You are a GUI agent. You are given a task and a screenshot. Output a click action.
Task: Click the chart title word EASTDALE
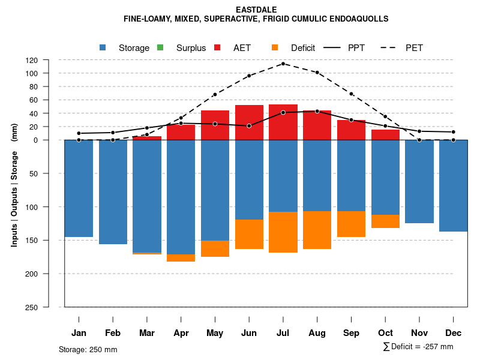pyautogui.click(x=256, y=10)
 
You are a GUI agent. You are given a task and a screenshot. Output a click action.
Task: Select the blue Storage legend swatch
pyautogui.click(x=103, y=47)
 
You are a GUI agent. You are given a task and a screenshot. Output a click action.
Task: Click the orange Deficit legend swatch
pyautogui.click(x=275, y=47)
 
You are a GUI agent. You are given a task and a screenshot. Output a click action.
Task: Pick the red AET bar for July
pyautogui.click(x=283, y=122)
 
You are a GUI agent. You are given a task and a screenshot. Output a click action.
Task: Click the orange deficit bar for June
pyautogui.click(x=249, y=234)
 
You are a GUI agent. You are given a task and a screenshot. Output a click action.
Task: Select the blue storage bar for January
pyautogui.click(x=79, y=188)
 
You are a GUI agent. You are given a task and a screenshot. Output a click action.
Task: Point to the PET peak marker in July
pyautogui.click(x=283, y=64)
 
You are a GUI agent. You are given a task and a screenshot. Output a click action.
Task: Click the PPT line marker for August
pyautogui.click(x=317, y=111)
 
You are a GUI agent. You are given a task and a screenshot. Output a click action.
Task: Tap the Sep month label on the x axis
pyautogui.click(x=352, y=333)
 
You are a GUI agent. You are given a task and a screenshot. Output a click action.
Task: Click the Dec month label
pyautogui.click(x=454, y=333)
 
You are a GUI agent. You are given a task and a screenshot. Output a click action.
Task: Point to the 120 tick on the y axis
pyautogui.click(x=49, y=61)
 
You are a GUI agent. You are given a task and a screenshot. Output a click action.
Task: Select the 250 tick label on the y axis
pyautogui.click(x=49, y=307)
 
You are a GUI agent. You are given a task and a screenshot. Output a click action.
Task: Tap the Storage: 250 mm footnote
pyautogui.click(x=88, y=349)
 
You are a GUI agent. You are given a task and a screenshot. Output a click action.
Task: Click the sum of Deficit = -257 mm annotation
pyautogui.click(x=418, y=347)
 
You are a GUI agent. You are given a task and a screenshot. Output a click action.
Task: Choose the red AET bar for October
pyautogui.click(x=385, y=135)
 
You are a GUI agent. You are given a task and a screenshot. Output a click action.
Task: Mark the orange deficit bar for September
pyautogui.click(x=352, y=224)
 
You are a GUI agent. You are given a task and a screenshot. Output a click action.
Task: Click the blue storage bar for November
pyautogui.click(x=419, y=181)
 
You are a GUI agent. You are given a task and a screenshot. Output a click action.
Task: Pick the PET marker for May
pyautogui.click(x=215, y=94)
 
